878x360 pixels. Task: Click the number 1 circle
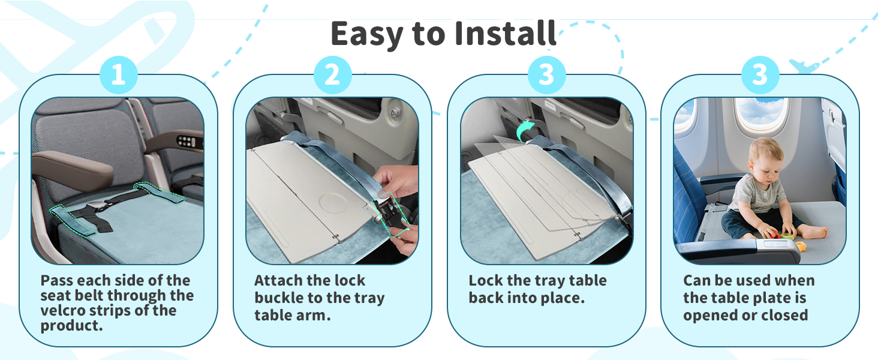(119, 75)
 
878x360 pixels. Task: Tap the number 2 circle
(332, 75)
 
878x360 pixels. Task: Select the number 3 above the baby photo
(760, 75)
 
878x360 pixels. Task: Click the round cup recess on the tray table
(333, 203)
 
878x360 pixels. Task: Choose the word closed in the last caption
(784, 315)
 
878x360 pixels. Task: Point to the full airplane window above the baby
(762, 116)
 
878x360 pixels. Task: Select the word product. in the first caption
(72, 325)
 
